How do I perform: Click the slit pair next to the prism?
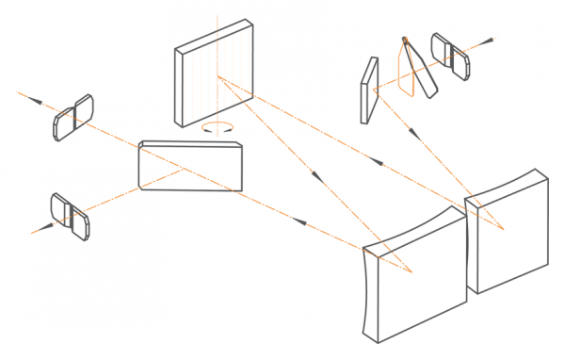[449, 56]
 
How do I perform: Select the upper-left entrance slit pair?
[73, 117]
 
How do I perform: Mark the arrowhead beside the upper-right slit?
[491, 41]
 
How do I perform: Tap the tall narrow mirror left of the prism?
[367, 90]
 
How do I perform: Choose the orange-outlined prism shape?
[407, 69]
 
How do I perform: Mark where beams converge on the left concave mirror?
[411, 271]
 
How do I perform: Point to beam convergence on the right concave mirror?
[505, 229]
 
